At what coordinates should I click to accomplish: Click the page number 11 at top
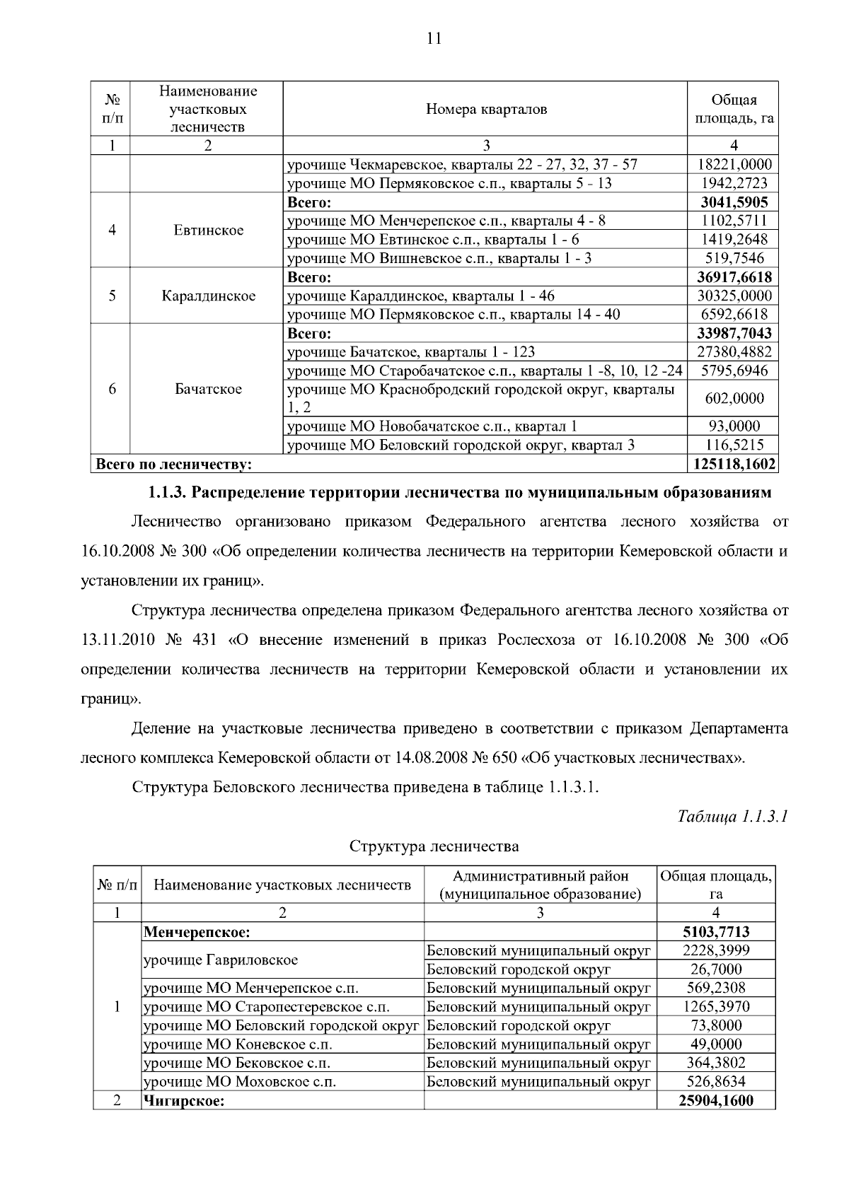434,39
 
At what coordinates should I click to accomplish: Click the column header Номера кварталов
486,109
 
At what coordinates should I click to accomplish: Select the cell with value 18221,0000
734,165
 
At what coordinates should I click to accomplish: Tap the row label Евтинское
208,231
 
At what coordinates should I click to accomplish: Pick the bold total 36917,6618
734,277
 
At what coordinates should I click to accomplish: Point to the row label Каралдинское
209,296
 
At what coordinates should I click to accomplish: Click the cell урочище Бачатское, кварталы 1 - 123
410,352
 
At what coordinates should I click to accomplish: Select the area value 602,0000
734,399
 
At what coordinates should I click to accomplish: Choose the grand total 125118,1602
733,465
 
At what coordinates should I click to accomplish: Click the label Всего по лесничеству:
174,465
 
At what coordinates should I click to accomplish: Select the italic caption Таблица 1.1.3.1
732,817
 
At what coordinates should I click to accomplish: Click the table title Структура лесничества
434,846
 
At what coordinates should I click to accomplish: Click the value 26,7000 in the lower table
716,969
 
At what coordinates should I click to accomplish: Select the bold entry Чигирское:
184,1101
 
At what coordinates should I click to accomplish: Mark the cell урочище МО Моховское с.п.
239,1082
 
